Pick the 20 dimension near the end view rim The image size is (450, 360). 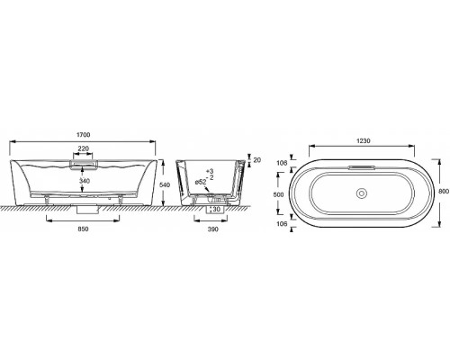257,159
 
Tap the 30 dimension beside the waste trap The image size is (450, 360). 216,209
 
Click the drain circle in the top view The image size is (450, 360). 363,192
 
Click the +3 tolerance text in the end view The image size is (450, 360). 209,171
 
